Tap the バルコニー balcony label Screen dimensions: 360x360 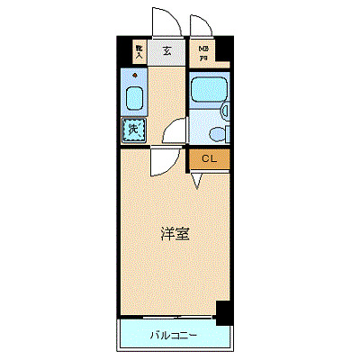click(174, 337)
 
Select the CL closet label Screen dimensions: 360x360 click(209, 159)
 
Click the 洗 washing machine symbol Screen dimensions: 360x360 click(132, 130)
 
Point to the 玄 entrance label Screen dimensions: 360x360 click(166, 51)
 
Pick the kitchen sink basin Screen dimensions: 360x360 click(134, 99)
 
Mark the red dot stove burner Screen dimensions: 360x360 click(134, 75)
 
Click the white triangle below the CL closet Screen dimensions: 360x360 click(196, 183)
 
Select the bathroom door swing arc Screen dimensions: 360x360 click(173, 131)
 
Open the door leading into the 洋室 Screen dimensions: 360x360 click(162, 162)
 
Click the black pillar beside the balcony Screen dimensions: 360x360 click(224, 312)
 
